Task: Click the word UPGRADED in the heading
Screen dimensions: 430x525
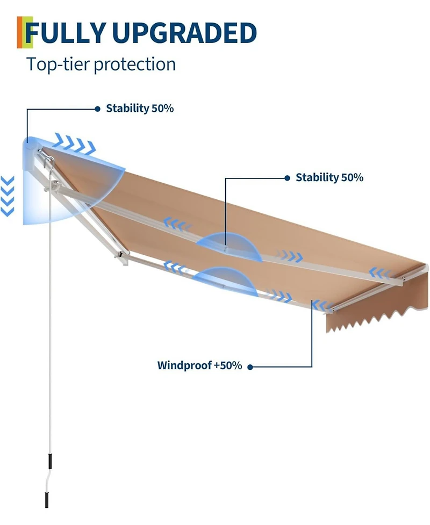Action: click(184, 33)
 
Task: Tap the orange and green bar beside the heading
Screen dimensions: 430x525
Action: click(24, 32)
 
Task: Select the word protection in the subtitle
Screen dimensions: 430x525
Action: click(134, 64)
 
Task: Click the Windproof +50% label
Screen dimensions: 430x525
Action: click(199, 365)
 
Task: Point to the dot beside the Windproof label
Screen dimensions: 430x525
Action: click(250, 367)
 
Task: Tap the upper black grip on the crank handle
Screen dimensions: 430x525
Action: click(50, 462)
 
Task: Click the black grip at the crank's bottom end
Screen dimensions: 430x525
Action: click(47, 500)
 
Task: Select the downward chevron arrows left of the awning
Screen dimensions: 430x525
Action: click(8, 196)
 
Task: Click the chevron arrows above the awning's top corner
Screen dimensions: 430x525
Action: click(75, 143)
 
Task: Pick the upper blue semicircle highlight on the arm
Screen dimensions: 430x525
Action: click(229, 247)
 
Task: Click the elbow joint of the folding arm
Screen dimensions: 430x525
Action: click(121, 256)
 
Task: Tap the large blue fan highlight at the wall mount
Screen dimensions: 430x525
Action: click(67, 181)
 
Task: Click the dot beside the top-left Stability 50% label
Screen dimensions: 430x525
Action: click(97, 109)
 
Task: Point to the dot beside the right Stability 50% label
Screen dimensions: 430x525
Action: click(287, 178)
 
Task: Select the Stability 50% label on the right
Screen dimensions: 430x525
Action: click(329, 177)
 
